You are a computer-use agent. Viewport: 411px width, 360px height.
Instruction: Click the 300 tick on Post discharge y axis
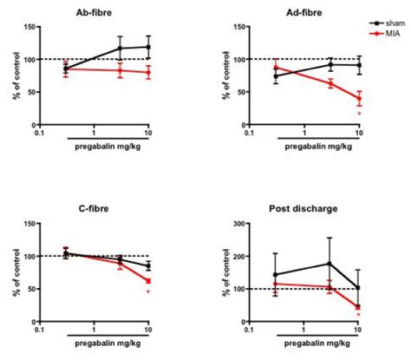click(233, 225)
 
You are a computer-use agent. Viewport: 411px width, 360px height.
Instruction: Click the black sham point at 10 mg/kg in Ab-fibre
click(149, 47)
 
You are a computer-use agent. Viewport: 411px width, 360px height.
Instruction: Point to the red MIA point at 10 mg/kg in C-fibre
click(149, 281)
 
